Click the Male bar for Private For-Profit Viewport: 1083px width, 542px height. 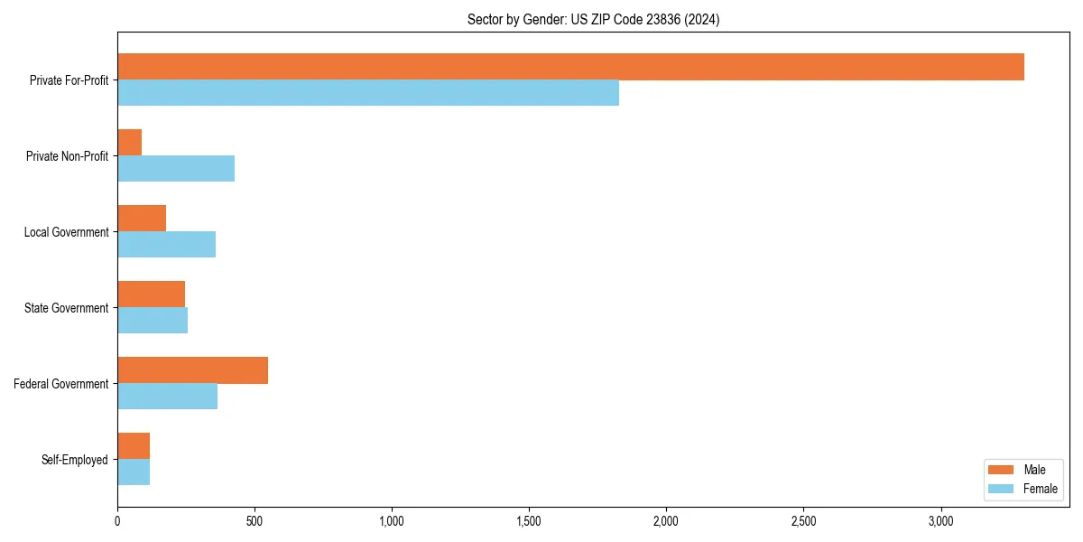570,67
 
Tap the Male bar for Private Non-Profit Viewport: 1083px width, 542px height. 130,143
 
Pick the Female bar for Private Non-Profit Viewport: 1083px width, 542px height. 176,169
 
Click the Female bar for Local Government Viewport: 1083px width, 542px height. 167,245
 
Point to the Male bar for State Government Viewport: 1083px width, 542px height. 152,294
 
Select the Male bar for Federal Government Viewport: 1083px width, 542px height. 193,370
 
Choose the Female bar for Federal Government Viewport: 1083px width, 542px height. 168,397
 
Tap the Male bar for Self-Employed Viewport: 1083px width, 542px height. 134,446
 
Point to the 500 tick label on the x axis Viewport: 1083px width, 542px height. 255,521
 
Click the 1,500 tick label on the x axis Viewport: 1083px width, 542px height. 529,521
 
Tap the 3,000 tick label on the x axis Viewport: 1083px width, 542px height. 940,521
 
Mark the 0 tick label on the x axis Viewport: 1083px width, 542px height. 117,521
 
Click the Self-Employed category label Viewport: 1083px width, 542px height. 75,460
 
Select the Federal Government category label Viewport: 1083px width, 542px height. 61,384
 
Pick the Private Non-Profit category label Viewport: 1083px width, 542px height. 67,156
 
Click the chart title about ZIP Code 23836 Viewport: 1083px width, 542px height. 593,19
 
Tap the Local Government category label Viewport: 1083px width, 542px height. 67,232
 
